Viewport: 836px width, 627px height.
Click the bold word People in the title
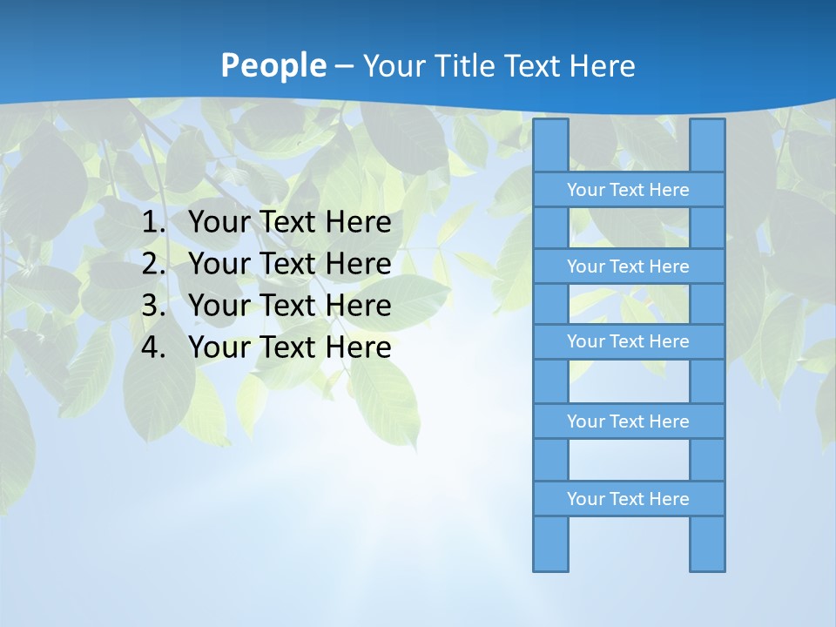coord(273,66)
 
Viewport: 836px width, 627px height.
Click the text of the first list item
coord(289,223)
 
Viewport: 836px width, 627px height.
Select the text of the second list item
coord(289,264)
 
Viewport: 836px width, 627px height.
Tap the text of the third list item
coord(289,306)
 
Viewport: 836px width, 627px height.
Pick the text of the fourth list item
coord(289,347)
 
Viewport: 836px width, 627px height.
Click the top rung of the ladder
coord(628,190)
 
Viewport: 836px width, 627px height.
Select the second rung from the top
coord(628,266)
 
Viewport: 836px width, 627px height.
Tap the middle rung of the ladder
coord(628,341)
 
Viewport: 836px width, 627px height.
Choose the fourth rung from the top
coord(628,421)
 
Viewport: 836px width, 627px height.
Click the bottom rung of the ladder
coord(628,499)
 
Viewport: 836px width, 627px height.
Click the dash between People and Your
coord(344,66)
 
